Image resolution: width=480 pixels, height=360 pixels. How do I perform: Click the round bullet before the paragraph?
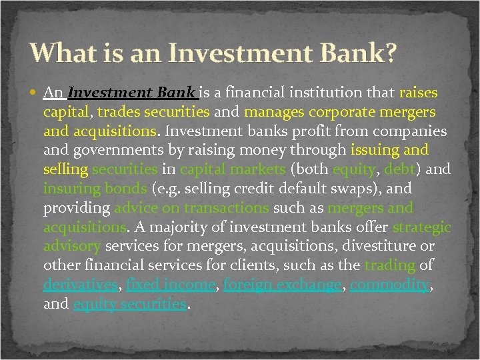click(x=35, y=93)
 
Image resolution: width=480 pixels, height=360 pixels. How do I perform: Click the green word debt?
click(x=401, y=170)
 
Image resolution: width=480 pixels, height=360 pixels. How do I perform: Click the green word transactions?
click(x=227, y=208)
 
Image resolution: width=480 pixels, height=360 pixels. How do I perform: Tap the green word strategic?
click(x=422, y=227)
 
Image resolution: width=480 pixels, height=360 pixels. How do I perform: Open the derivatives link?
click(x=81, y=285)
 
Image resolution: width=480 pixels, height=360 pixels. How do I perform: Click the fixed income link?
click(x=171, y=285)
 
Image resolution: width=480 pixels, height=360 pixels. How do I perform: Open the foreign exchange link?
click(x=283, y=285)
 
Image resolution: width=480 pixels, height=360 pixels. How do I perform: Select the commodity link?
click(x=389, y=285)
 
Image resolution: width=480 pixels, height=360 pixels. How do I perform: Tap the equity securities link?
click(x=130, y=305)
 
